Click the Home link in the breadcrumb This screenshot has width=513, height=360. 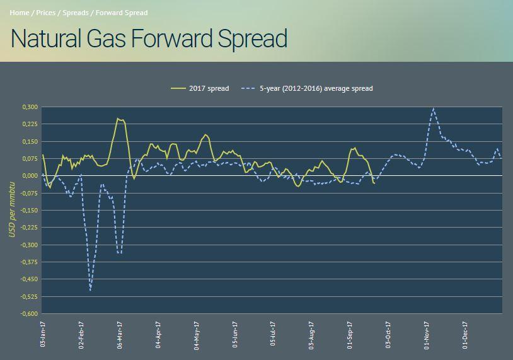pyautogui.click(x=20, y=13)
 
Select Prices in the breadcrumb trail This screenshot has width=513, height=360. pyautogui.click(x=46, y=13)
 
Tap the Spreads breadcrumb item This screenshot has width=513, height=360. pyautogui.click(x=75, y=13)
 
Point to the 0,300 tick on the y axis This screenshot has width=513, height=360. pyautogui.click(x=29, y=107)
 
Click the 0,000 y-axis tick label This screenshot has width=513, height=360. pyautogui.click(x=29, y=176)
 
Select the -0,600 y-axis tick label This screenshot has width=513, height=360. pyautogui.click(x=28, y=314)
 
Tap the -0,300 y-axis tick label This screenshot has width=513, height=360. pyautogui.click(x=28, y=245)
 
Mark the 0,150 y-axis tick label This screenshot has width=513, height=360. pyautogui.click(x=29, y=142)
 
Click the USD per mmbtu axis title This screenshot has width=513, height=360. pyautogui.click(x=11, y=210)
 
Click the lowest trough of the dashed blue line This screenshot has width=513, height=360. pyautogui.click(x=91, y=290)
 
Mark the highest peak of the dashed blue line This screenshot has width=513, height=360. pyautogui.click(x=433, y=108)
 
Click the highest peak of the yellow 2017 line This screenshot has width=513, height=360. pyautogui.click(x=118, y=119)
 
